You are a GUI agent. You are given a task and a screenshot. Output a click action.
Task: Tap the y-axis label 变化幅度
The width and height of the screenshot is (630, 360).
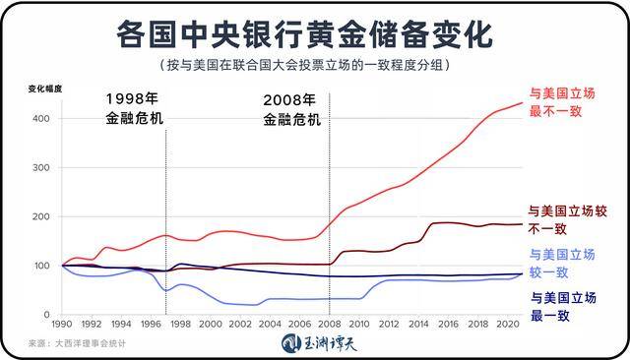(x=45, y=90)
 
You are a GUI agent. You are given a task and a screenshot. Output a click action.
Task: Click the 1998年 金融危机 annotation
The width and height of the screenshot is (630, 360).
(x=134, y=109)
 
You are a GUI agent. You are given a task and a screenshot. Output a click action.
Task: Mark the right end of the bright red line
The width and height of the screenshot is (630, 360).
(x=522, y=102)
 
